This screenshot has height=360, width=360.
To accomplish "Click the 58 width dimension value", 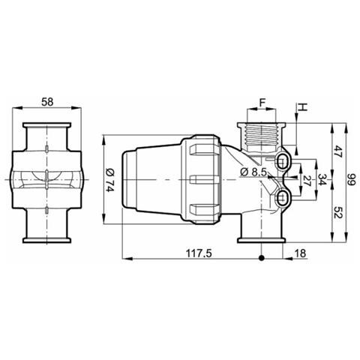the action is [47, 102].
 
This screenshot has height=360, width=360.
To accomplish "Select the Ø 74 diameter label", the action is [110, 180].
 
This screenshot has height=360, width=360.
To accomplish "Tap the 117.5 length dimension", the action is [199, 253].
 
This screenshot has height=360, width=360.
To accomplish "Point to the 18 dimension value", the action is [300, 253].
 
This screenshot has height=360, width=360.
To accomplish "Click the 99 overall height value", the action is [351, 180].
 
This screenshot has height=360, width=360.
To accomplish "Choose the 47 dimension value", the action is [337, 151].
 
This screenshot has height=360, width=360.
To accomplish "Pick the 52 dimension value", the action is [337, 213].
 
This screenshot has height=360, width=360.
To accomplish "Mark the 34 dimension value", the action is [322, 179].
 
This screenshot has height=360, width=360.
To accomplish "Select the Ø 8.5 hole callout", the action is [253, 172].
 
